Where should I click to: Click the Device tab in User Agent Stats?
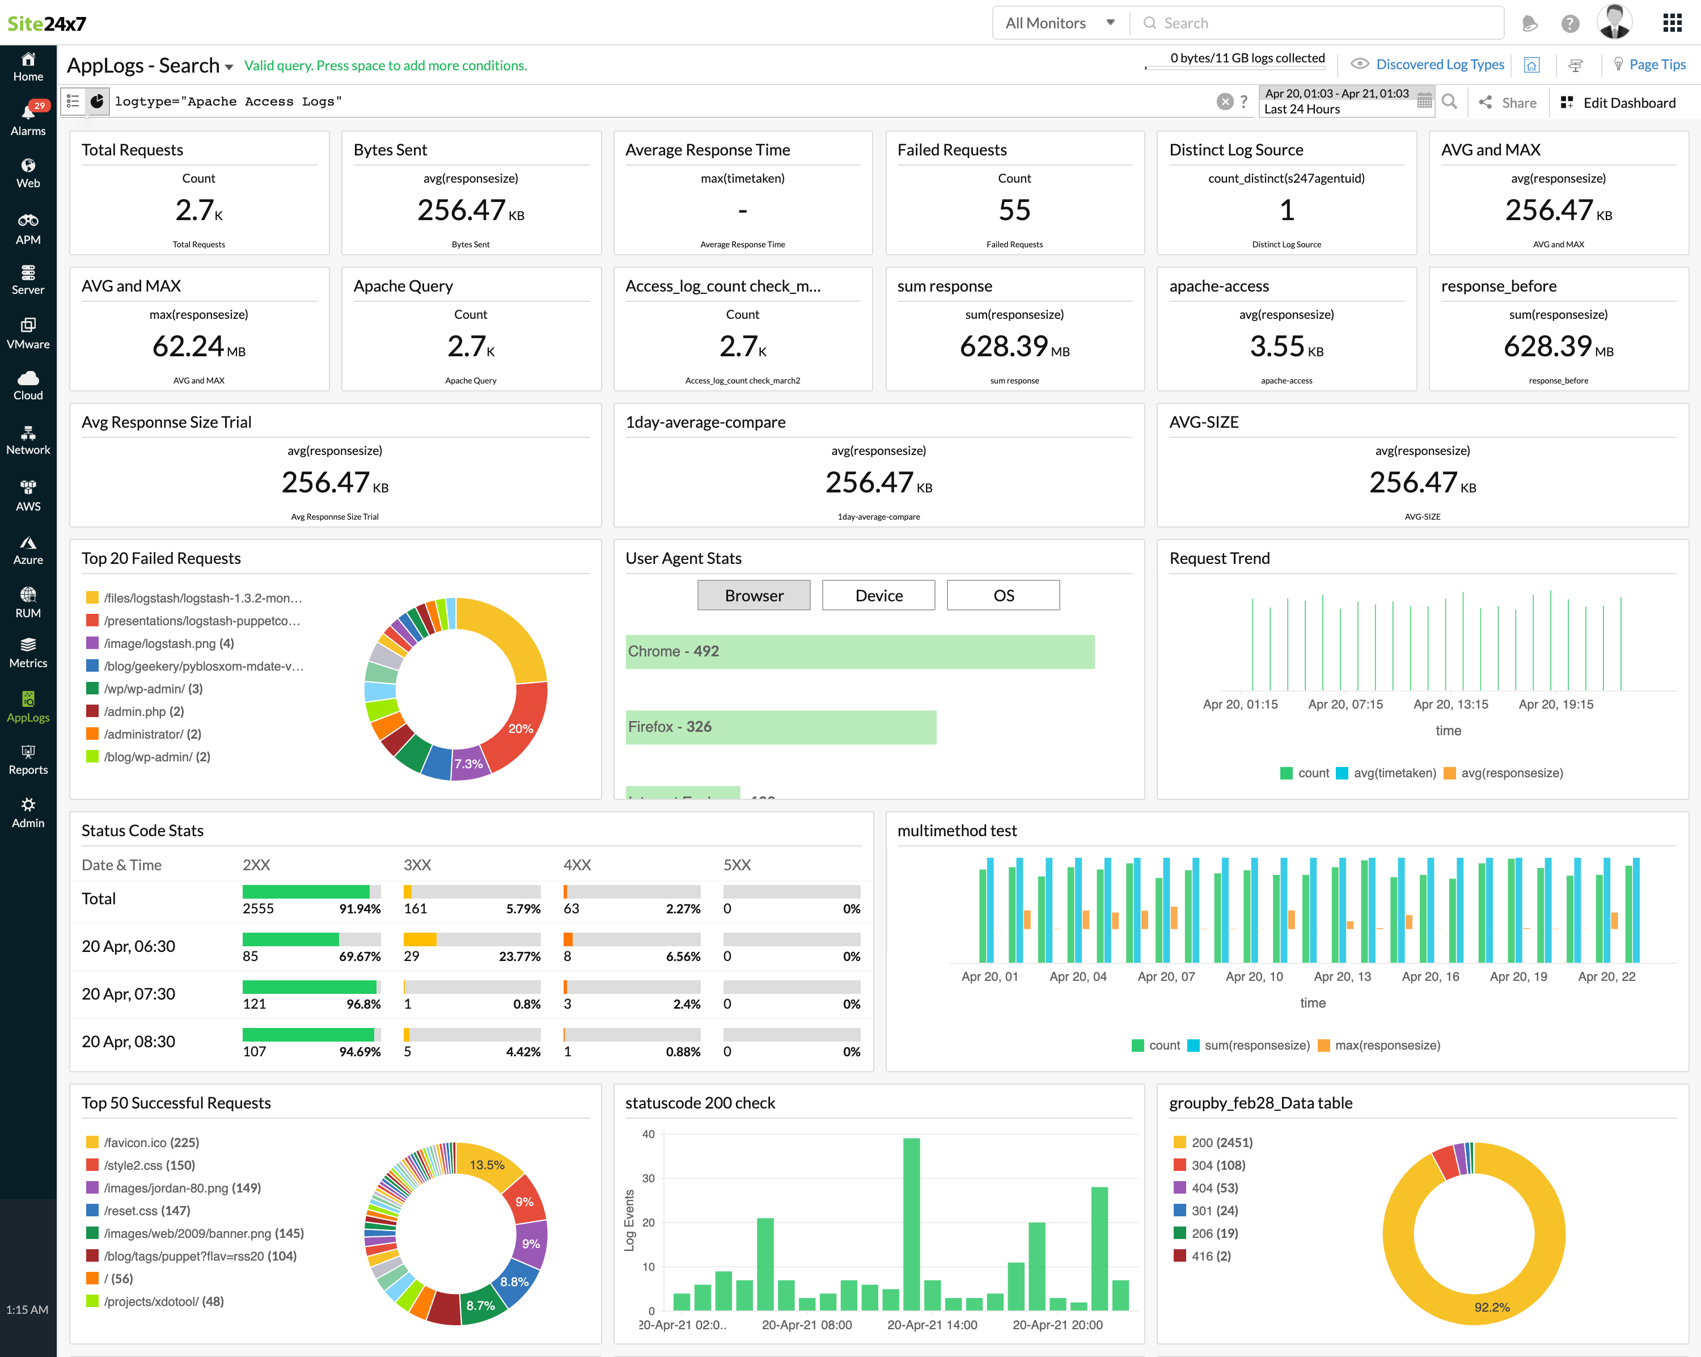(878, 595)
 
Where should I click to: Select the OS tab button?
(1003, 595)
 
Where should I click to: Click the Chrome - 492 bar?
(859, 651)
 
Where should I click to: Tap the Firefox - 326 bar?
(780, 726)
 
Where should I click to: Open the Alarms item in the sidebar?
(28, 119)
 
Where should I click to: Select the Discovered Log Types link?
(1439, 65)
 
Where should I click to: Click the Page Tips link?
(1656, 65)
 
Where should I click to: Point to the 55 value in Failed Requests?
(1014, 210)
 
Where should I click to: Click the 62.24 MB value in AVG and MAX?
(198, 347)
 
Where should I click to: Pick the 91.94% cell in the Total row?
(360, 909)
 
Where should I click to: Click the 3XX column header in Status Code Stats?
(417, 865)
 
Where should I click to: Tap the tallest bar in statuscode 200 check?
(911, 1224)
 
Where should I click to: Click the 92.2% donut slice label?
(1491, 1307)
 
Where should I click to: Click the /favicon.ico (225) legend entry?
(151, 1143)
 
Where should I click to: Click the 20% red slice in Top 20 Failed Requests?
(521, 728)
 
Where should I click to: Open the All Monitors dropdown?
(1060, 23)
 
